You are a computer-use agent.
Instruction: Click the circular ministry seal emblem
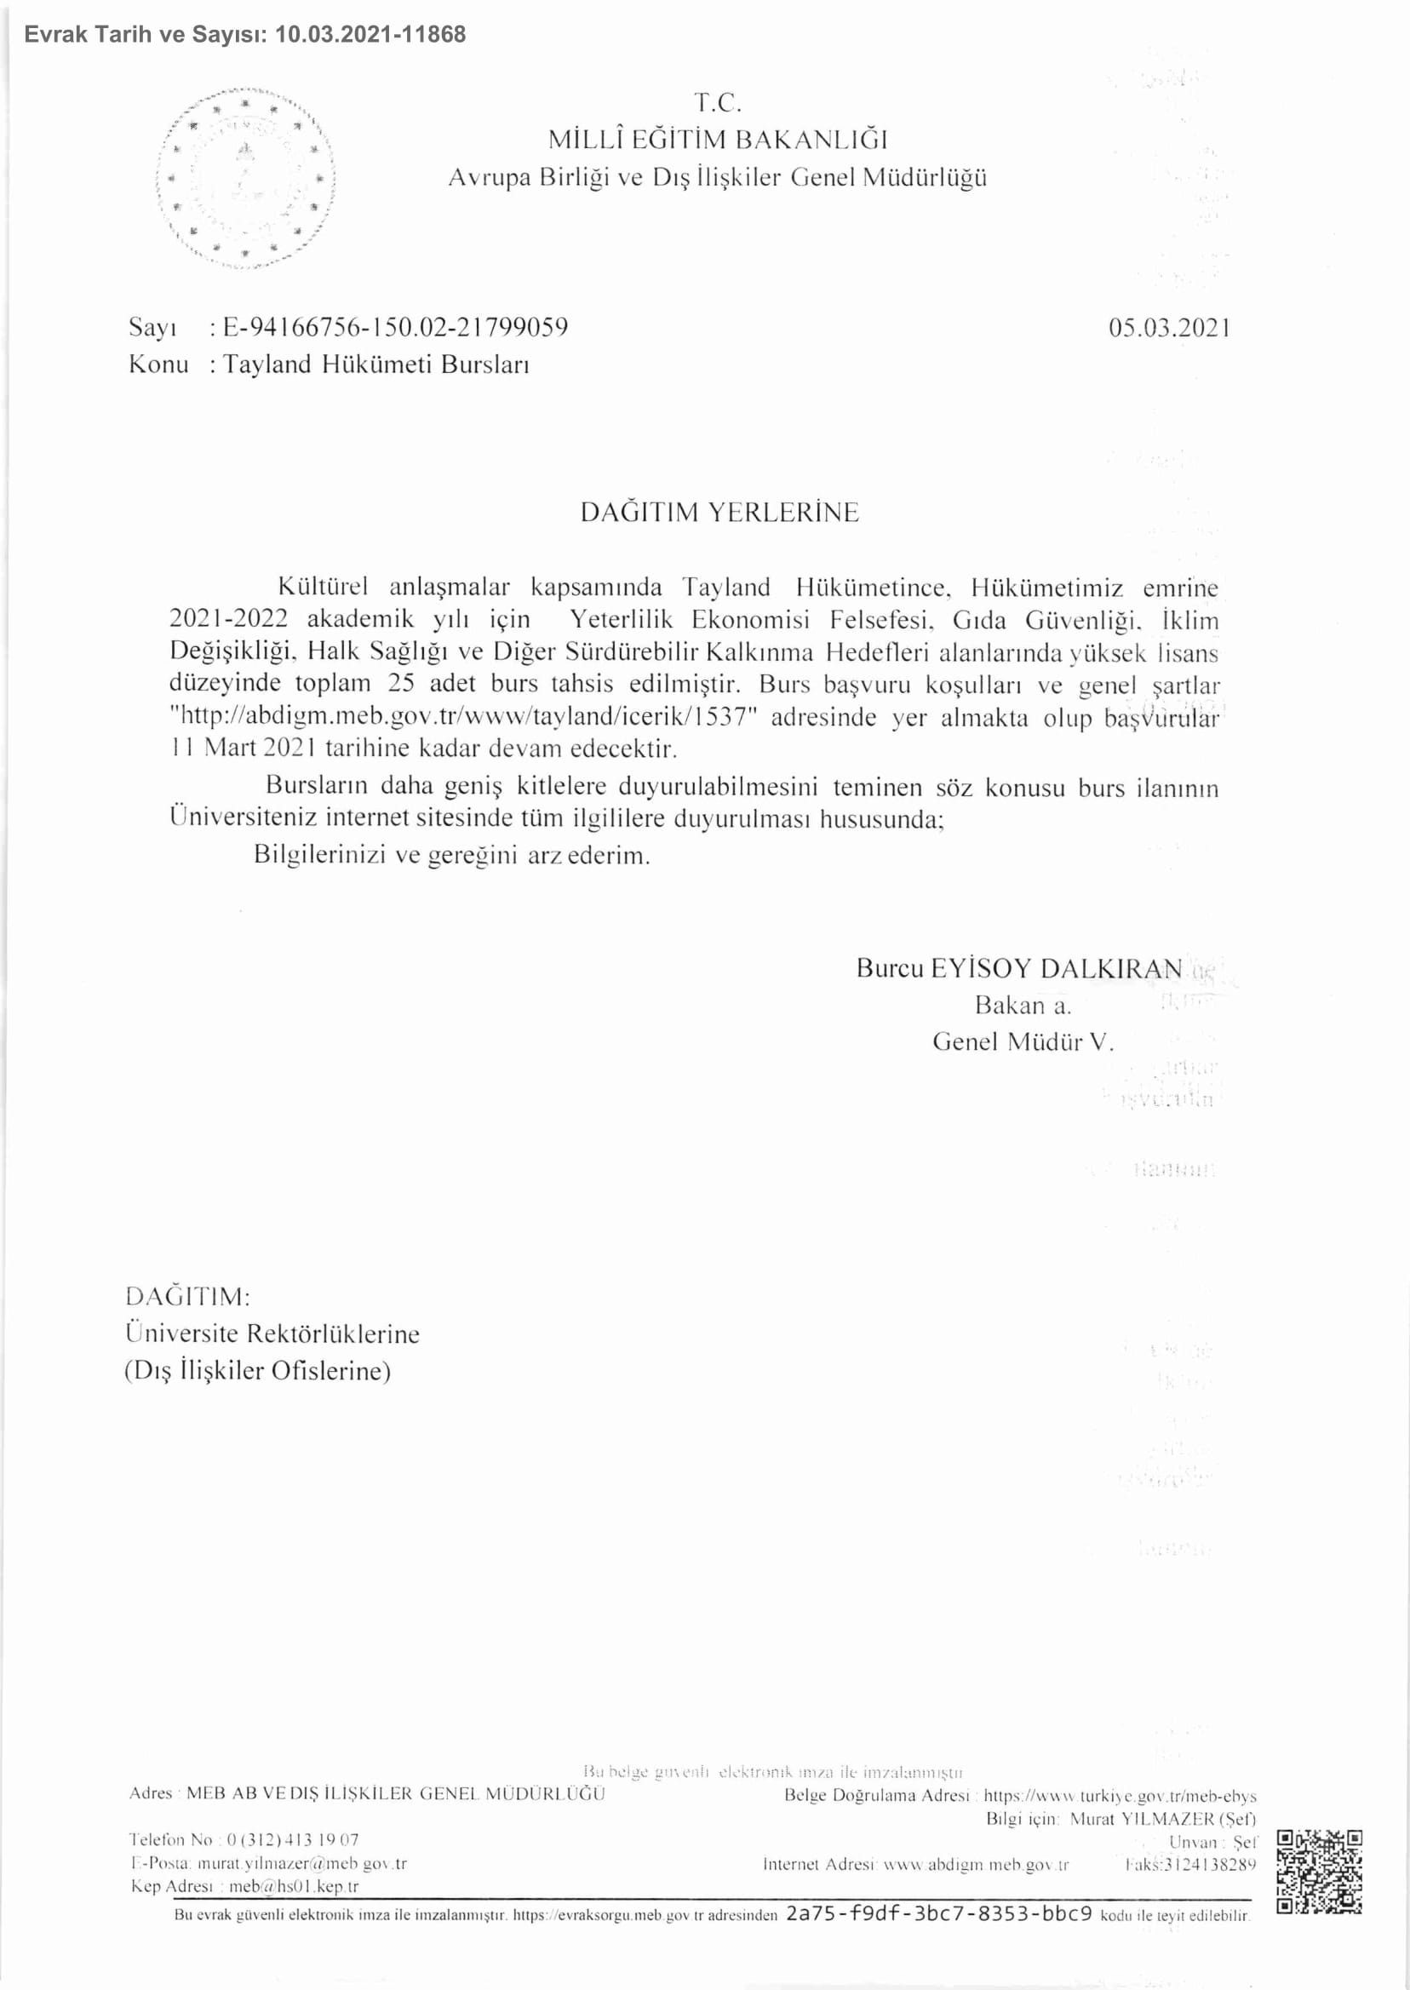point(246,179)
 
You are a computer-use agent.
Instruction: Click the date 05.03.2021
point(1169,327)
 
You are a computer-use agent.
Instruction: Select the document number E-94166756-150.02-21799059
point(395,327)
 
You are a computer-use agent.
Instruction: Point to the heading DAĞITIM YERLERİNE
point(719,513)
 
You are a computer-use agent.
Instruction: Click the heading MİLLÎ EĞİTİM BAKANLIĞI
point(718,140)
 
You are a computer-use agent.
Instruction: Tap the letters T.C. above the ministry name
point(718,103)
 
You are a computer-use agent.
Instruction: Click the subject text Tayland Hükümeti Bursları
point(376,364)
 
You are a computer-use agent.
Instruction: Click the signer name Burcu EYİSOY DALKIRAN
point(1018,968)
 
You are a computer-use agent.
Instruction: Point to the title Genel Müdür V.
point(1022,1042)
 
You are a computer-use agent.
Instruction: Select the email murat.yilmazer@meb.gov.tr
point(302,1863)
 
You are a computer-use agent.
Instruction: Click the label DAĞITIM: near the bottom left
point(187,1297)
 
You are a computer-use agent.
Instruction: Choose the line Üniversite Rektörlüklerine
point(272,1333)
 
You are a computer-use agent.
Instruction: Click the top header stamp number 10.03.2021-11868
point(370,35)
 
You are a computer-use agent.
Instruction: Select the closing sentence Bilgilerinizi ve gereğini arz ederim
point(451,855)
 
